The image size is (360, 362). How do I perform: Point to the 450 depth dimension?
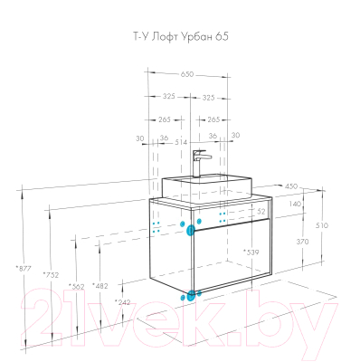pyautogui.click(x=291, y=186)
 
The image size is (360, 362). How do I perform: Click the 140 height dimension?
pyautogui.click(x=295, y=205)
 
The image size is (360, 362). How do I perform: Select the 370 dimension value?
pyautogui.click(x=302, y=242)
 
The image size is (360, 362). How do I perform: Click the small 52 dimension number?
pyautogui.click(x=260, y=212)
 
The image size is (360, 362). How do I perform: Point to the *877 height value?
pyautogui.click(x=24, y=268)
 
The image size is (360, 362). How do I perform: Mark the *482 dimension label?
pyautogui.click(x=99, y=286)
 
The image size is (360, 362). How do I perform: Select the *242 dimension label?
pyautogui.click(x=122, y=301)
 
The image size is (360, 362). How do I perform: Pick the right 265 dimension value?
pyautogui.click(x=214, y=118)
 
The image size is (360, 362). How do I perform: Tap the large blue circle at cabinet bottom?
pyautogui.click(x=190, y=294)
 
